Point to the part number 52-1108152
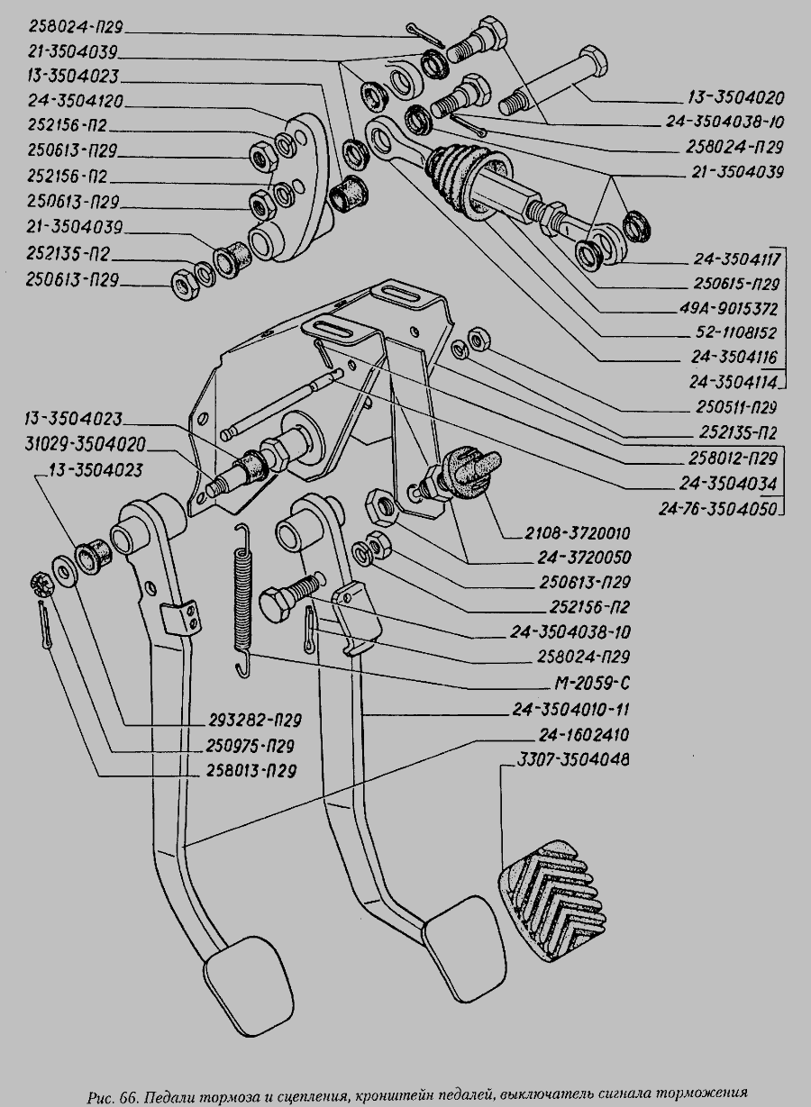pyautogui.click(x=734, y=332)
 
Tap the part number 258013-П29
pyautogui.click(x=246, y=771)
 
